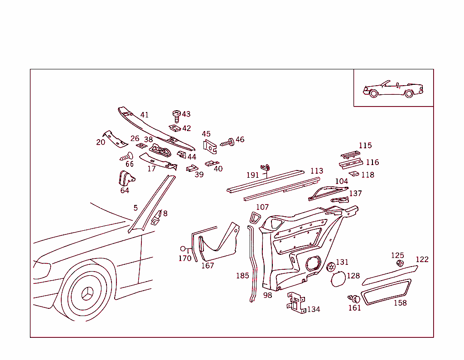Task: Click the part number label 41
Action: pyautogui.click(x=144, y=115)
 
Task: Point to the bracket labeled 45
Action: pyautogui.click(x=209, y=146)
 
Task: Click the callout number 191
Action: pyautogui.click(x=252, y=175)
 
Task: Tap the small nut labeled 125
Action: pyautogui.click(x=400, y=264)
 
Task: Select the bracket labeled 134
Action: pyautogui.click(x=296, y=302)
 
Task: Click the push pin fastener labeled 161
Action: pyautogui.click(x=354, y=298)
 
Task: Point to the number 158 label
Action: pyautogui.click(x=400, y=303)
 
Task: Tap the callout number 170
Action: pyautogui.click(x=185, y=258)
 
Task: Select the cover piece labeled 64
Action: pyautogui.click(x=124, y=178)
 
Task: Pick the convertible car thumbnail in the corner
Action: pyautogui.click(x=392, y=89)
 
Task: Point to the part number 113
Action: pyautogui.click(x=316, y=171)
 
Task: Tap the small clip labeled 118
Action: pyautogui.click(x=353, y=174)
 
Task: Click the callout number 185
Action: pyautogui.click(x=242, y=276)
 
